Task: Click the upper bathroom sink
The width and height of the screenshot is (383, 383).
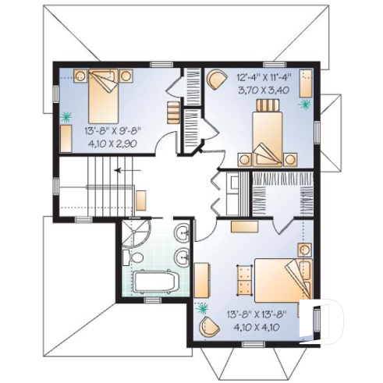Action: [181, 232]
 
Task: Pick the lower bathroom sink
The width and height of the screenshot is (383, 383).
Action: [181, 255]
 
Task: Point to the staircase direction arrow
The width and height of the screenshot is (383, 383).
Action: [120, 168]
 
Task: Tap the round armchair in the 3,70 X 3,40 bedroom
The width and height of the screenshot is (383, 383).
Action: [216, 79]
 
